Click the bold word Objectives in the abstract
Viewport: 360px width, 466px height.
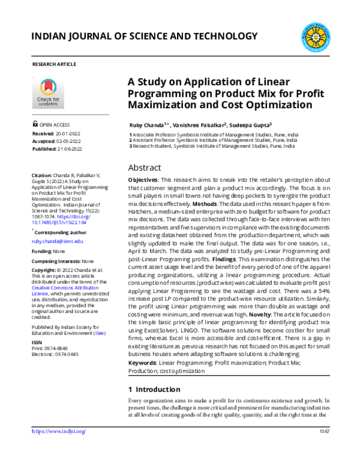tap(144, 181)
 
